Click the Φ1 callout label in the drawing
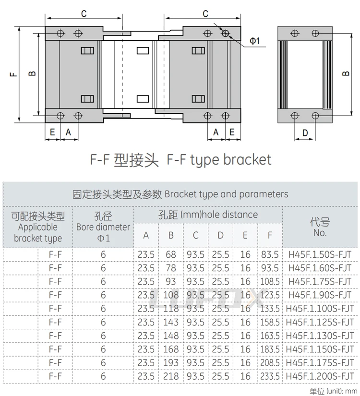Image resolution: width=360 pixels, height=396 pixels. [254, 40]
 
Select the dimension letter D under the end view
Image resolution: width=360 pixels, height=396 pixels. [305, 133]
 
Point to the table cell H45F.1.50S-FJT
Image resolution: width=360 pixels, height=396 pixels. [320, 254]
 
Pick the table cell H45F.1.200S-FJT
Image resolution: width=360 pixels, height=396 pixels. [320, 376]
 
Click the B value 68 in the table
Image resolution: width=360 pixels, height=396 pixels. [171, 254]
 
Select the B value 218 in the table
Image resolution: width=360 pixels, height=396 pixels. [171, 376]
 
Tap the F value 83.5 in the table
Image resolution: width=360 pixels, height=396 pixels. [270, 254]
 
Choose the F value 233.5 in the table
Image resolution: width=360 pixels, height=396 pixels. [270, 376]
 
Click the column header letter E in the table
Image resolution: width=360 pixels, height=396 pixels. [245, 235]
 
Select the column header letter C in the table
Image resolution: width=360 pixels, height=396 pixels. [196, 235]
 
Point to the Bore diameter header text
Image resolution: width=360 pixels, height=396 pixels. [103, 227]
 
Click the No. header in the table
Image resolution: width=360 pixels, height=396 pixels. [320, 233]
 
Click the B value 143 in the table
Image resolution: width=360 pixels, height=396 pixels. [171, 322]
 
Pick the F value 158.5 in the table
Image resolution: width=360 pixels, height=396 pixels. [270, 322]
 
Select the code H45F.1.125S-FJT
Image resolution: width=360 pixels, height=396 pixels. [320, 322]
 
